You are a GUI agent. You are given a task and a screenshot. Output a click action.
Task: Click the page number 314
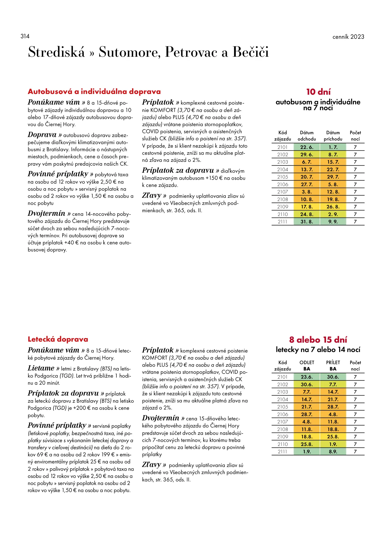[25, 36]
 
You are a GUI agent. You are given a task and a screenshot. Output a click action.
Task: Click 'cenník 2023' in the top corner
[348, 37]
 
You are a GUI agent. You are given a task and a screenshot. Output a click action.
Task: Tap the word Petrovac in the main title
[191, 52]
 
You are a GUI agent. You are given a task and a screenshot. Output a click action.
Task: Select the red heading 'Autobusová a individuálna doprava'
[94, 91]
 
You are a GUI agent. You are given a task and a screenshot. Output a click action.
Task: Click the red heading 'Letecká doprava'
[58, 339]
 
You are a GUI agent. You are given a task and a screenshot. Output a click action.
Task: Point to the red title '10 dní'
[318, 92]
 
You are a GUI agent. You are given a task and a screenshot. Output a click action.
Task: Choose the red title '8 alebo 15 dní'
[318, 340]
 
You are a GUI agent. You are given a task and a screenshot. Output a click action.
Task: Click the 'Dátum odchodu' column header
[307, 136]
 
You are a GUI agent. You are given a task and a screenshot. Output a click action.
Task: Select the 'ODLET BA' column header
[307, 366]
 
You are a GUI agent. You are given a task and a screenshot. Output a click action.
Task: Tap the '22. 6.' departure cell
[307, 147]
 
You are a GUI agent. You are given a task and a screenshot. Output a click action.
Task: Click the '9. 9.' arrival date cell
[333, 222]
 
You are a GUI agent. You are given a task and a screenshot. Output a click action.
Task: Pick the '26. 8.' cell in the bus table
[333, 207]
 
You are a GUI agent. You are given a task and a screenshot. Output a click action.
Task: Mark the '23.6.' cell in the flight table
[307, 377]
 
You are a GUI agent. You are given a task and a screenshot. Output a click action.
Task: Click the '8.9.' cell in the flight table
[333, 452]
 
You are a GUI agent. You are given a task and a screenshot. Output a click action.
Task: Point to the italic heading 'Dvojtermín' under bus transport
[47, 213]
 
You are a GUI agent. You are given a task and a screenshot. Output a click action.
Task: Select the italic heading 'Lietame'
[41, 368]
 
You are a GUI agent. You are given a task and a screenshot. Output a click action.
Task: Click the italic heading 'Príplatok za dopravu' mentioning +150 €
[178, 170]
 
